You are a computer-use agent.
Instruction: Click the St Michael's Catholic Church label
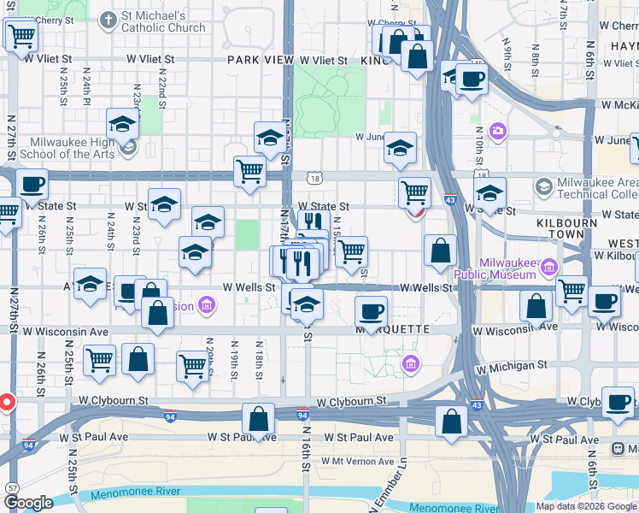(x=163, y=21)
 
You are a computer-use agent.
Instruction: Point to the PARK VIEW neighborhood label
(x=261, y=61)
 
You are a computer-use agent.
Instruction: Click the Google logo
(x=28, y=503)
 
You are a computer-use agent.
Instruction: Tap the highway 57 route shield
(x=12, y=486)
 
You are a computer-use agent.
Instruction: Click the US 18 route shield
(x=317, y=178)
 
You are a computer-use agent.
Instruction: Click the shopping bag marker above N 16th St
(x=257, y=419)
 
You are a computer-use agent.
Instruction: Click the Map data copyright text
(x=587, y=506)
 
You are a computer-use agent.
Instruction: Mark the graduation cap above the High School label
(x=122, y=125)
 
